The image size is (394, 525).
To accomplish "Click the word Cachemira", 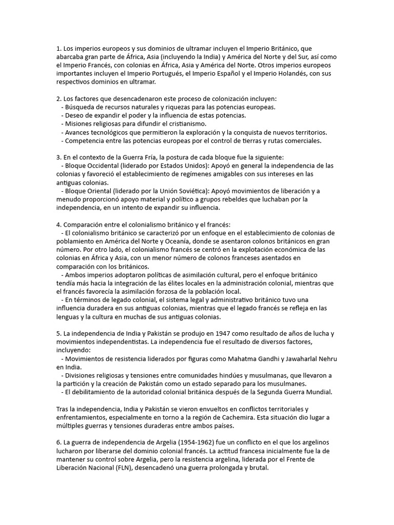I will pyautogui.click(x=265, y=417).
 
